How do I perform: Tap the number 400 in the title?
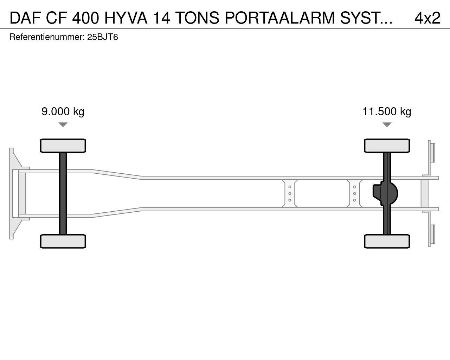pos(85,18)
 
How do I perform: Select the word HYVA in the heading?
pos(126,18)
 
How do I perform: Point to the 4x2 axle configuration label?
pos(427,18)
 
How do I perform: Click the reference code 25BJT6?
pos(102,37)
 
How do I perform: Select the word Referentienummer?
pos(46,37)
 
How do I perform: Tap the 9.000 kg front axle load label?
pos(63,111)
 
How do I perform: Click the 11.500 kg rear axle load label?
pos(387,111)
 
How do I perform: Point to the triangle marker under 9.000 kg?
pos(63,124)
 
